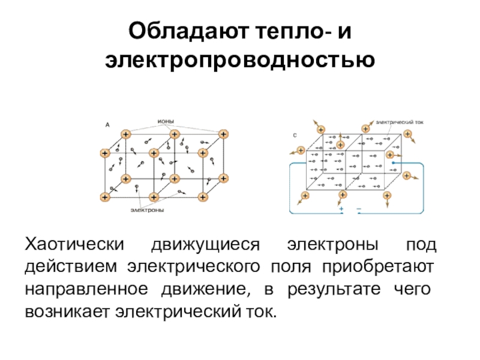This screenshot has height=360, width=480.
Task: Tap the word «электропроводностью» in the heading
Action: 240,60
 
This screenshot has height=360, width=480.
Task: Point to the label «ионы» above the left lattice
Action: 166,121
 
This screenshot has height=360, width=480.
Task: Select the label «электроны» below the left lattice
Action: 148,211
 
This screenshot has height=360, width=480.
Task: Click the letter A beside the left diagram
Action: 107,125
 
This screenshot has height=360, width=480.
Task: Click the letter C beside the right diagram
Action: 295,136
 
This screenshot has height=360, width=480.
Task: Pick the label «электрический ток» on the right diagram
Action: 400,121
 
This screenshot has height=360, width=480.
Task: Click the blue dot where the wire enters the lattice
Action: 393,162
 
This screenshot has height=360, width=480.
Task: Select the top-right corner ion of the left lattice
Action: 223,133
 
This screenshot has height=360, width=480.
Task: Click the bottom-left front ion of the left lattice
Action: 106,197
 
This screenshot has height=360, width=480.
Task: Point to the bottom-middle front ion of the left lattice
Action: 154,197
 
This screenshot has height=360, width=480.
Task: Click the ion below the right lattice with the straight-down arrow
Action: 387,196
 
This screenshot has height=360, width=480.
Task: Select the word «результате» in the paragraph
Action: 334,289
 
